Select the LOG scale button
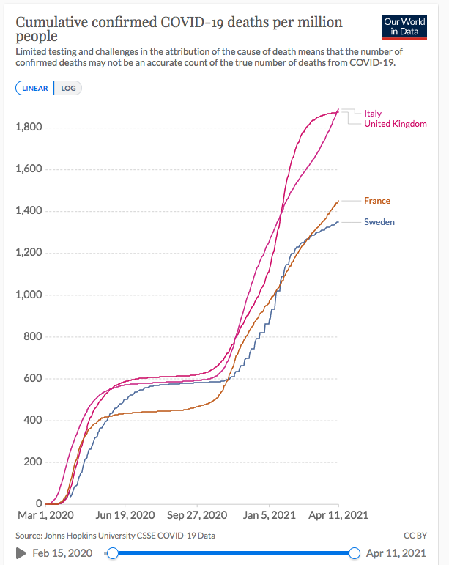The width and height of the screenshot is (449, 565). (x=68, y=88)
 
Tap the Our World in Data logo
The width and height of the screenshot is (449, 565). (x=404, y=27)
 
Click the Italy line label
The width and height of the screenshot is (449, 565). (x=373, y=114)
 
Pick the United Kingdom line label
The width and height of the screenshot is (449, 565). (x=395, y=124)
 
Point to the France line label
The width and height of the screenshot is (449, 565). (x=377, y=201)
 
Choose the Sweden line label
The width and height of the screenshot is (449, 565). (x=379, y=221)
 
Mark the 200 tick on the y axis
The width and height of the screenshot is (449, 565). (x=34, y=462)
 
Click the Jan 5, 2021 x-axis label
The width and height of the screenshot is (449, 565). (x=269, y=515)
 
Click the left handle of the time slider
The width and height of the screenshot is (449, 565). (x=113, y=553)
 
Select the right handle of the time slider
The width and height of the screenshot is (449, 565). (x=355, y=553)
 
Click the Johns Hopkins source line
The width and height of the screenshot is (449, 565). (x=115, y=536)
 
